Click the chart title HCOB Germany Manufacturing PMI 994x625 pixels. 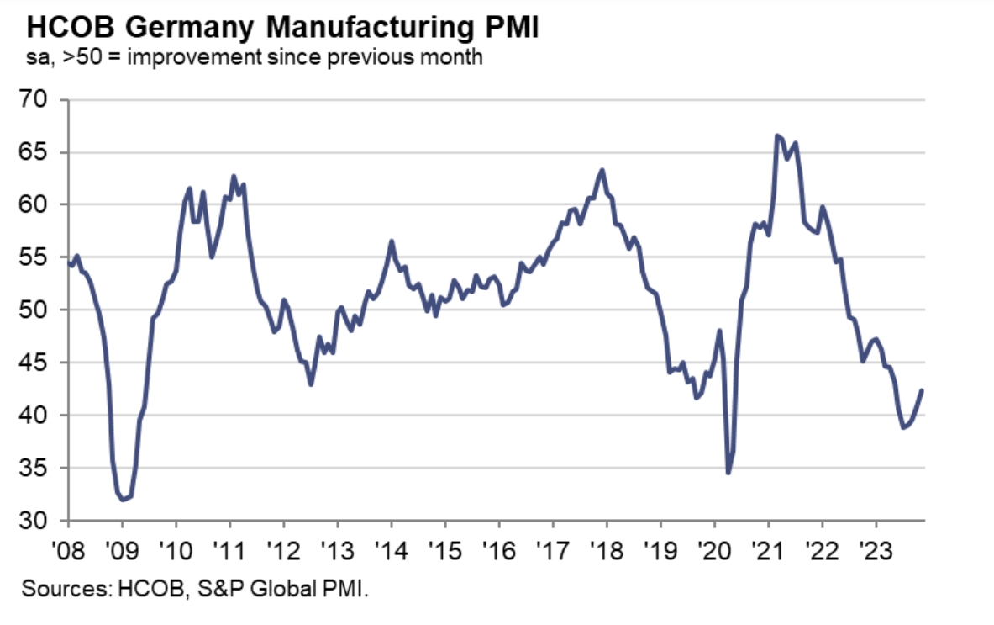[x=282, y=27]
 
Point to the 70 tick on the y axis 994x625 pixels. [x=42, y=100]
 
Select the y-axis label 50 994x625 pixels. [x=42, y=310]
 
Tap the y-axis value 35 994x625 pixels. [x=42, y=468]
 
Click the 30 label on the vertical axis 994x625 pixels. [x=42, y=521]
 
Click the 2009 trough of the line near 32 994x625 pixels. [x=124, y=500]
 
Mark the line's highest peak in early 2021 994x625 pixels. [x=776, y=135]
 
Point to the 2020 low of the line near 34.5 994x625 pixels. [x=728, y=473]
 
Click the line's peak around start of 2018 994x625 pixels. [x=602, y=170]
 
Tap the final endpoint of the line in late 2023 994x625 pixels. [x=922, y=390]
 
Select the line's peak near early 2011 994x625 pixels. [x=233, y=176]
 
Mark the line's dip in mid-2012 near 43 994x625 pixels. [x=311, y=384]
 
